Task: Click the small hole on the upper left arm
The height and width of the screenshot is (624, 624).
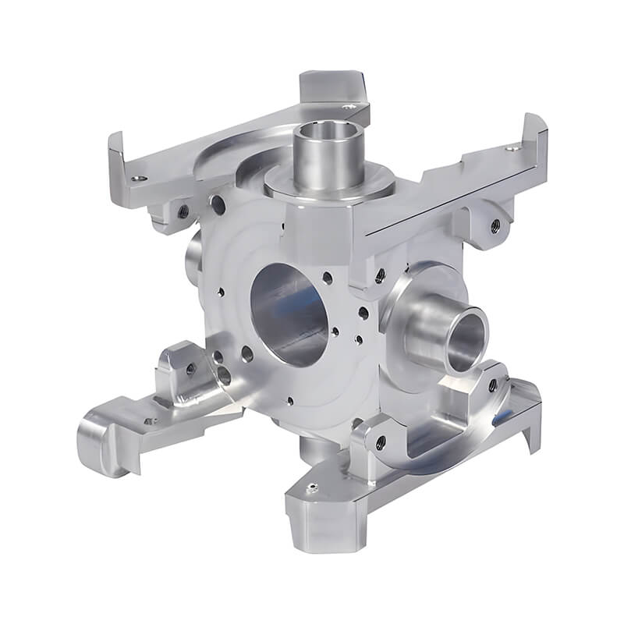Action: tap(138, 178)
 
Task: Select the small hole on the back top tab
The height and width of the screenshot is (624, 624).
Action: tap(350, 106)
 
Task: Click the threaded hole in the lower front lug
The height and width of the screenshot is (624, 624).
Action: tap(379, 442)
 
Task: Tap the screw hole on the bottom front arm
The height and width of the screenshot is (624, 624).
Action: tap(311, 489)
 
